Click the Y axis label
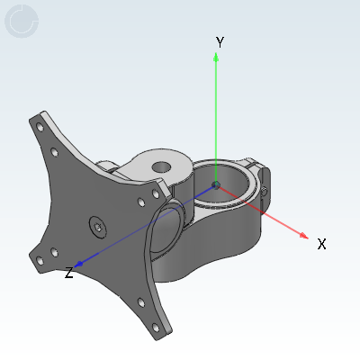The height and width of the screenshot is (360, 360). point(220,42)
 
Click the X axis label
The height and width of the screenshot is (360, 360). point(321,244)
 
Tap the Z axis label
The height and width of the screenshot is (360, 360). point(69,273)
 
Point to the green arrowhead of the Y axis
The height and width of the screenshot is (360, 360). point(216,57)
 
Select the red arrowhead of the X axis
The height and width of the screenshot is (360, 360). point(304,236)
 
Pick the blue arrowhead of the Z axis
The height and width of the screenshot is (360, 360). point(78,265)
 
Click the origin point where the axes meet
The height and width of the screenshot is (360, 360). point(216,184)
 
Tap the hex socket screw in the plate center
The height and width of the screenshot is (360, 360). point(98,227)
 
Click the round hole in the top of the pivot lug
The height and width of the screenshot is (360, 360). point(161,167)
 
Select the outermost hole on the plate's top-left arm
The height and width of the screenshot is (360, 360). point(40,127)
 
